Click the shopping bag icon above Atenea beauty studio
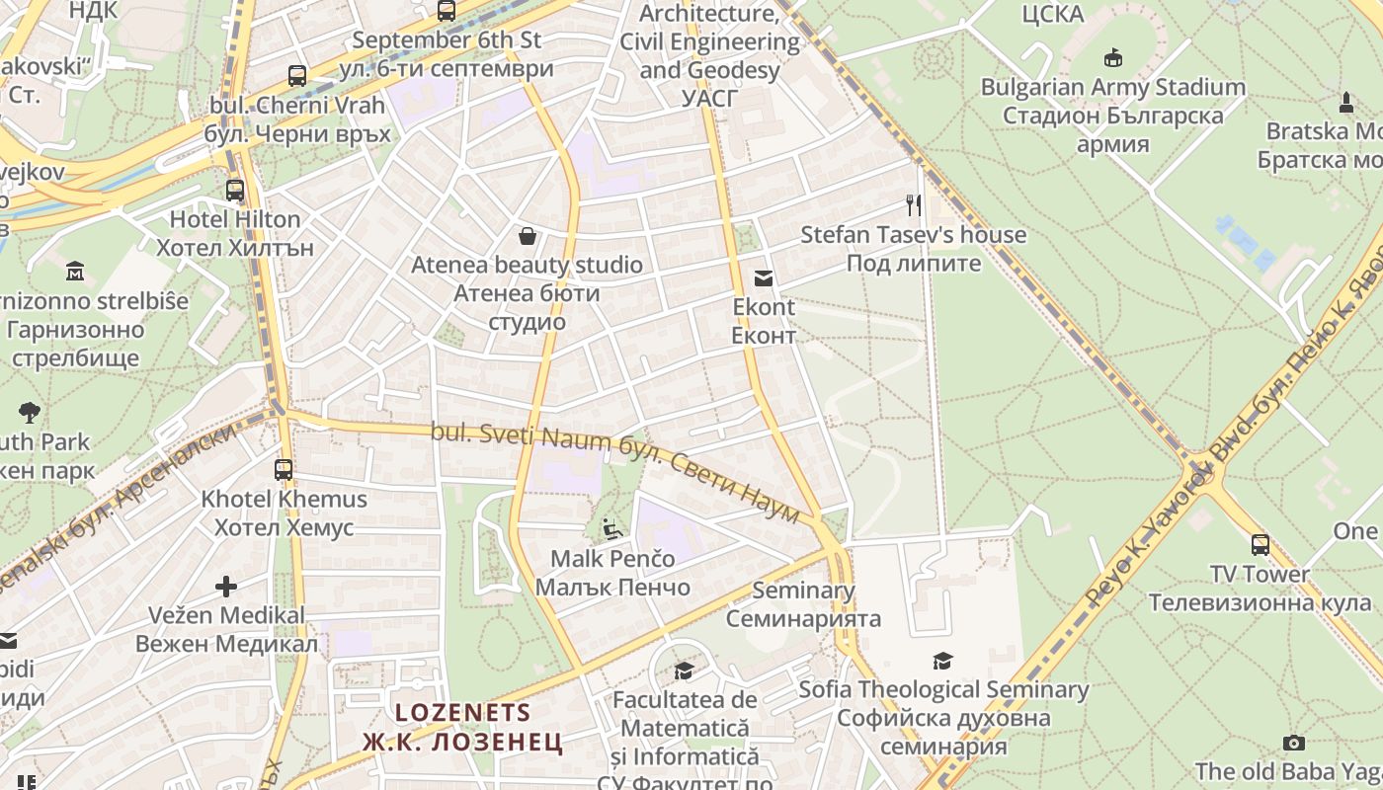[x=528, y=236]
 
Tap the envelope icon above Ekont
[x=764, y=278]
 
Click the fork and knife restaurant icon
[x=914, y=205]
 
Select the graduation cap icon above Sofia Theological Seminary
[x=943, y=661]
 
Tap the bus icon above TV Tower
[x=1260, y=545]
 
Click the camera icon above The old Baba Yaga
[x=1293, y=743]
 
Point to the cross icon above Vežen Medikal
[x=226, y=587]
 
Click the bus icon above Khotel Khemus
[x=284, y=469]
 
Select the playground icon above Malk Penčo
[x=612, y=529]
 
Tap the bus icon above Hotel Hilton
[x=234, y=190]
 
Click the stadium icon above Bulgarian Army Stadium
[x=1113, y=58]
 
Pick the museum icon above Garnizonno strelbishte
[x=75, y=271]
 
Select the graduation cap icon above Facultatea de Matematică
[x=684, y=671]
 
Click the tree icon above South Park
[x=30, y=413]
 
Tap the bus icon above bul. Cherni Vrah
[x=296, y=75]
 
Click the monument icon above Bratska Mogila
[x=1345, y=102]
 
